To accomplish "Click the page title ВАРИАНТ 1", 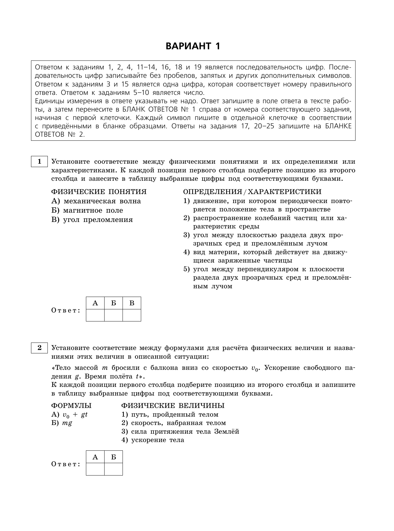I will point(193,46).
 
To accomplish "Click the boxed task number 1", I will point(39,161).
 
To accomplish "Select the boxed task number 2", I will point(39,348).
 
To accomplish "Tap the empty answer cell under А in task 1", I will point(95,315).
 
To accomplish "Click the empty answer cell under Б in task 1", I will point(114,315).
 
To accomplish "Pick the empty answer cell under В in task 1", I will point(132,315).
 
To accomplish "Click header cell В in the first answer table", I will point(132,303).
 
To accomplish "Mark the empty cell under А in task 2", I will point(95,469).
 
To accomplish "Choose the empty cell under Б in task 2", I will point(114,469).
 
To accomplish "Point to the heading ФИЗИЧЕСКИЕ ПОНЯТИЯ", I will point(99,192).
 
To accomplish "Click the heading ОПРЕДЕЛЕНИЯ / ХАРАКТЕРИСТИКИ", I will point(252,192).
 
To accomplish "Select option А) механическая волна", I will point(96,201).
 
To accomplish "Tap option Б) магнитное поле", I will point(87,210).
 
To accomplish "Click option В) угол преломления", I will point(92,220).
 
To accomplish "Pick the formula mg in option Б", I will point(67,423).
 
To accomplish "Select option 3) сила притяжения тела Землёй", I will point(180,431).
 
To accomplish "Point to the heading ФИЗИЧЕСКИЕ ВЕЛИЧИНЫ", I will point(173,406).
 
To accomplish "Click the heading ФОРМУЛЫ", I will point(71,406).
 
